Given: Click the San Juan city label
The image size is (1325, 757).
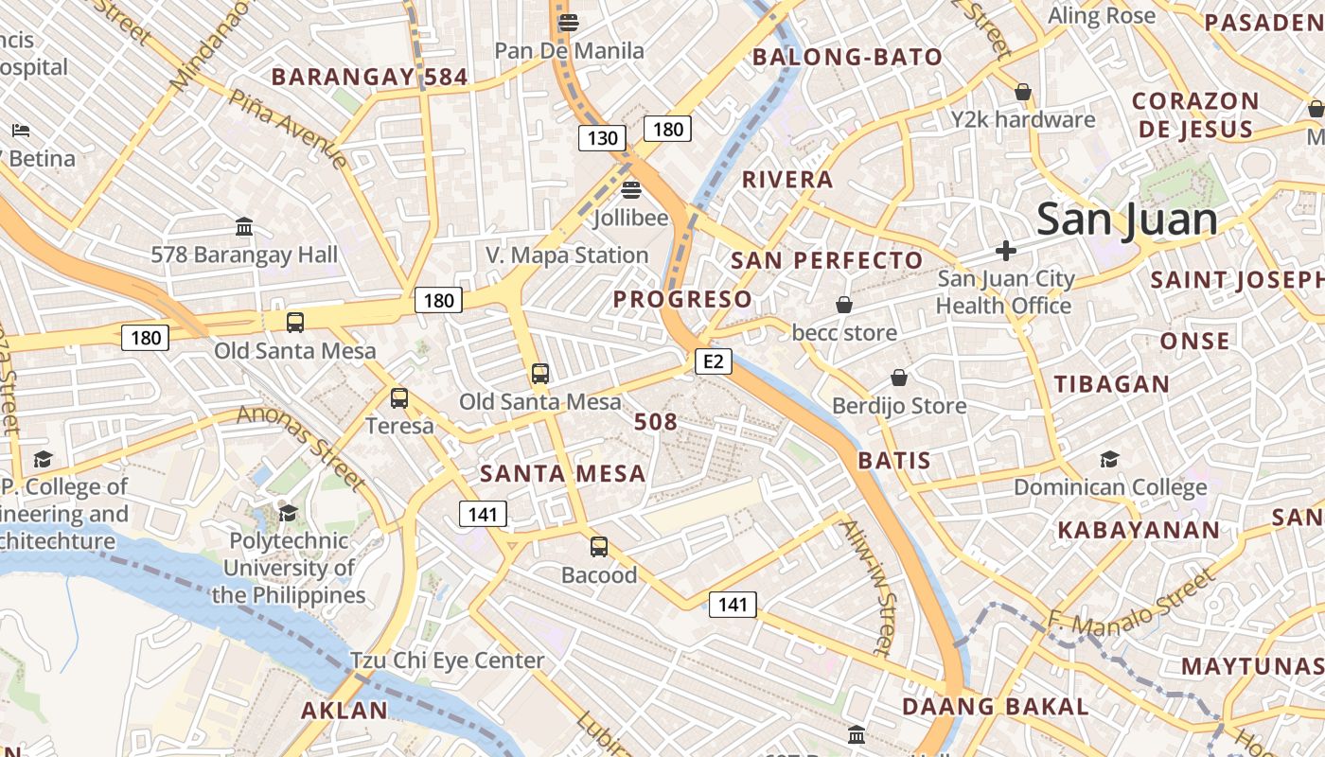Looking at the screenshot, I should (x=1126, y=220).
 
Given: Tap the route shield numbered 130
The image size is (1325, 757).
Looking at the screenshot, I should (x=602, y=139).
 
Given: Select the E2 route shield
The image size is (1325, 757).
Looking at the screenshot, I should (x=714, y=361).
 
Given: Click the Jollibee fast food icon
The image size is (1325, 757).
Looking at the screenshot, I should (x=631, y=190).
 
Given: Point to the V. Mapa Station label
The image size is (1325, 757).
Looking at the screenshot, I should (x=567, y=255).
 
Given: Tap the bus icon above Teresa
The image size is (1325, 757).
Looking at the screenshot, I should (x=399, y=398).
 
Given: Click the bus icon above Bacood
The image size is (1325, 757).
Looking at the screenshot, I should (x=599, y=546).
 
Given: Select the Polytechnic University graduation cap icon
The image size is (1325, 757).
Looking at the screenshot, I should (x=288, y=513).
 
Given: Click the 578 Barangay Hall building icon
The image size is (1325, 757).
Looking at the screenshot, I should (x=244, y=227).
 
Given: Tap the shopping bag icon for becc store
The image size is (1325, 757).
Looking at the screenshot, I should (x=843, y=305).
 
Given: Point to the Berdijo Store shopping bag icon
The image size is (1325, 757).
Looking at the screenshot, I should (x=899, y=378).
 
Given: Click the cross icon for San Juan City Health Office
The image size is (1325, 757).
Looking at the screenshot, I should (x=1006, y=251).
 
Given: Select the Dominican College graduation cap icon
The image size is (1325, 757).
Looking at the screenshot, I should (x=1109, y=460).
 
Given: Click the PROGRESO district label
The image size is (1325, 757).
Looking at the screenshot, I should (x=682, y=300).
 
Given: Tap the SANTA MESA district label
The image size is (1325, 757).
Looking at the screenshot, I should (x=563, y=473).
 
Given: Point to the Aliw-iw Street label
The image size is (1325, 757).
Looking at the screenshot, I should (x=867, y=587).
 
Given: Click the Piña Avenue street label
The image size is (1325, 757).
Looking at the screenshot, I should (x=288, y=130).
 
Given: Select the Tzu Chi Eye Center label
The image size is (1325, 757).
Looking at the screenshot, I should (x=447, y=660).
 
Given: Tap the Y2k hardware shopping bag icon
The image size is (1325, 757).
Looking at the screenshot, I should (x=1022, y=92).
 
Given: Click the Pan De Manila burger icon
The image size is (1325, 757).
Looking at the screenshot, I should (x=569, y=22).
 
